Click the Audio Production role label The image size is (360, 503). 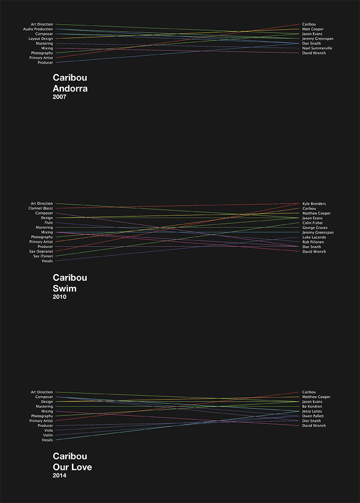(38, 29)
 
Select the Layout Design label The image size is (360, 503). (41, 39)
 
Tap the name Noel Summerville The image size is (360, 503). (317, 48)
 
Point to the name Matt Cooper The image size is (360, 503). (313, 29)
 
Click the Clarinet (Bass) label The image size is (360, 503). (41, 208)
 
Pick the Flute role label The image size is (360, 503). (48, 223)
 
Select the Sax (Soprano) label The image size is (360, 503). (41, 251)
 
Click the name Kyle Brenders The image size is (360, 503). (314, 204)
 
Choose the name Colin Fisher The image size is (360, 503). (312, 223)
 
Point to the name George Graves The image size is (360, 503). (314, 228)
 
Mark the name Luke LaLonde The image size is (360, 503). (314, 237)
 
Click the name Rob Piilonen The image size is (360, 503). (313, 242)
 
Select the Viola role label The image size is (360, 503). (48, 431)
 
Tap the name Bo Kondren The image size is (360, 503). (312, 406)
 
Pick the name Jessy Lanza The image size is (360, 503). (312, 411)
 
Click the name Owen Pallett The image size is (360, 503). (313, 416)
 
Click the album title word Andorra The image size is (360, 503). (70, 89)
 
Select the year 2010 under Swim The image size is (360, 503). (59, 297)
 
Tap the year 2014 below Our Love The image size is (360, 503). (59, 475)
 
